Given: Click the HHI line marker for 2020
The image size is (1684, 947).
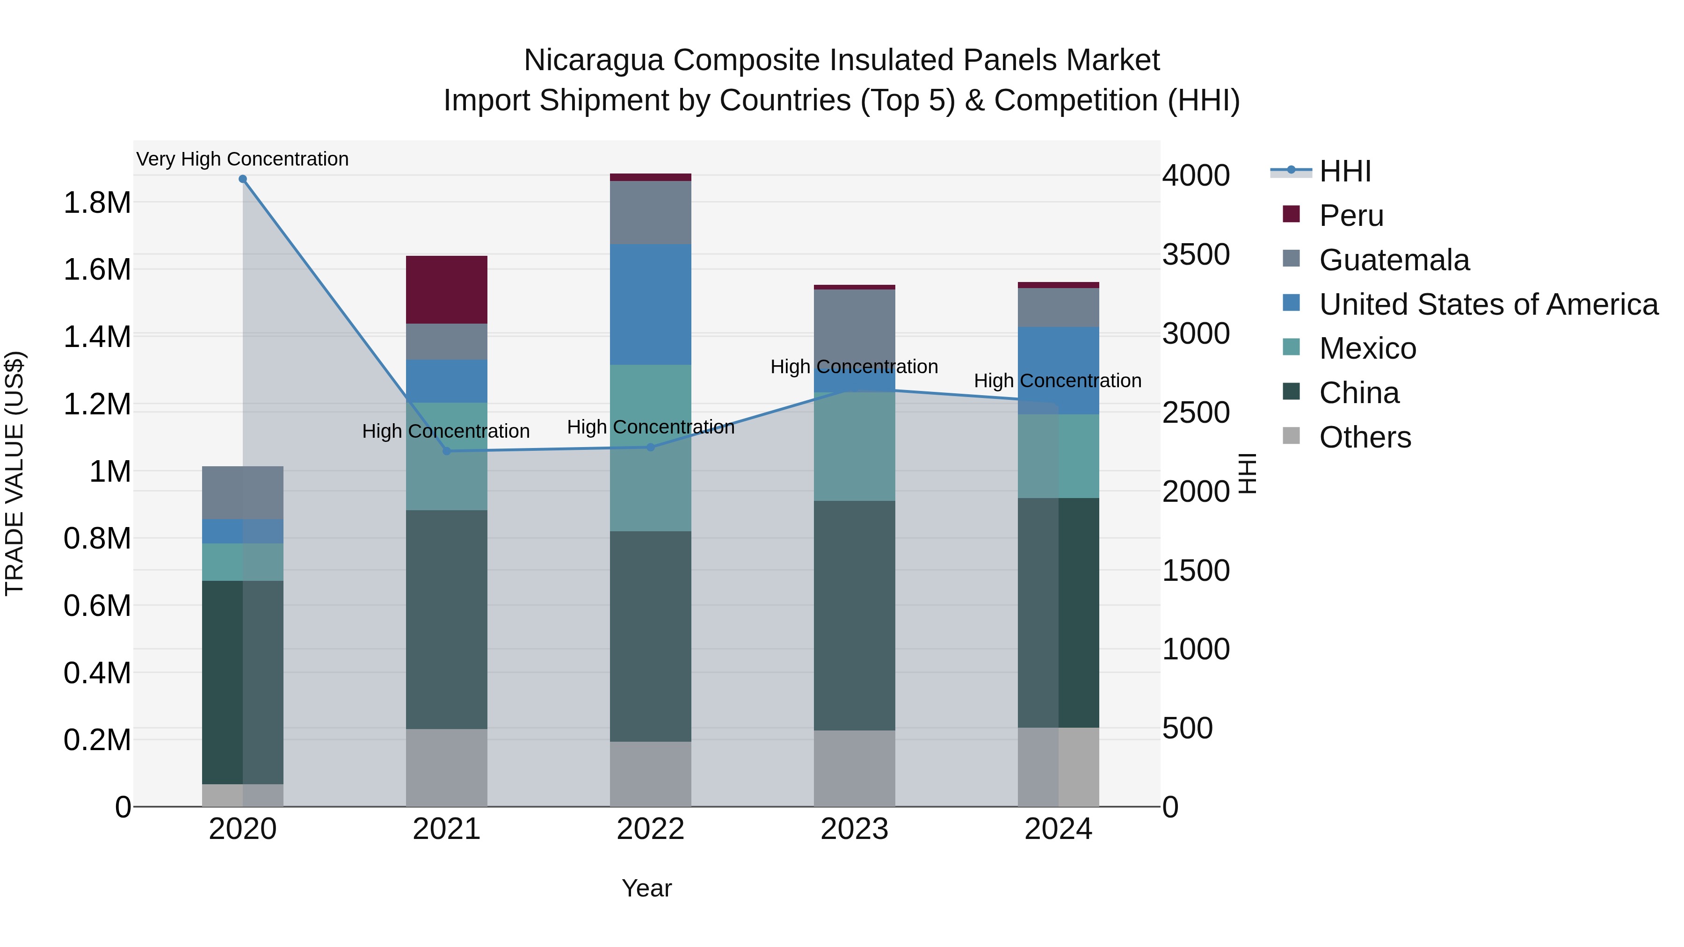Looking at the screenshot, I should click(x=242, y=179).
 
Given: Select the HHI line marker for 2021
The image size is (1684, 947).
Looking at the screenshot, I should click(x=447, y=451).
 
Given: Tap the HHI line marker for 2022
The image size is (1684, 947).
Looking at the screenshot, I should click(x=651, y=447).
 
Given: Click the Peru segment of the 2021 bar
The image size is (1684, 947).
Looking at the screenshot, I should click(x=447, y=289).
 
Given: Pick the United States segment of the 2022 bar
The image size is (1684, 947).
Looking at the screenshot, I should click(x=651, y=304).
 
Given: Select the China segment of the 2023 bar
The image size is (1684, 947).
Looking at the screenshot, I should click(x=855, y=615).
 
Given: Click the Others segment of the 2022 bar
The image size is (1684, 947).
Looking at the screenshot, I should click(x=651, y=774).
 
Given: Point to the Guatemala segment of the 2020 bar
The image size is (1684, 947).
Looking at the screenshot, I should click(x=242, y=493).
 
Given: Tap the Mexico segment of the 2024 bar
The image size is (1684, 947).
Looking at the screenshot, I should click(x=1059, y=456).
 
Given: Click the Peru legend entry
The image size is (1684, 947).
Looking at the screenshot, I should click(x=1350, y=216).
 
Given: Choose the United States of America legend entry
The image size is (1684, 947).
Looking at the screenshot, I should click(x=1488, y=304).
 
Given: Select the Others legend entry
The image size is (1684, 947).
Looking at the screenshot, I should click(x=1365, y=437).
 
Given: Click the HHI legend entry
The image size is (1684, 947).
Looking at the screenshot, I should click(x=1344, y=171).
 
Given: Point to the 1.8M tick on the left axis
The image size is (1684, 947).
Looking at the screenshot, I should click(x=97, y=202).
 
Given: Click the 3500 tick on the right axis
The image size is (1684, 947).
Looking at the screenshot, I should click(x=1196, y=254).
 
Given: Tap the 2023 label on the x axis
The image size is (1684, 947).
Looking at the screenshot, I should click(x=855, y=829).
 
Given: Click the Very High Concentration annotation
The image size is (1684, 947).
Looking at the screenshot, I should click(x=242, y=159).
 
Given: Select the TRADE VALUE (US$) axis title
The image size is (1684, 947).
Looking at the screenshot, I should click(x=15, y=473).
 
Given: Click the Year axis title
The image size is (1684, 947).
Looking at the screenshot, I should click(x=646, y=888).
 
